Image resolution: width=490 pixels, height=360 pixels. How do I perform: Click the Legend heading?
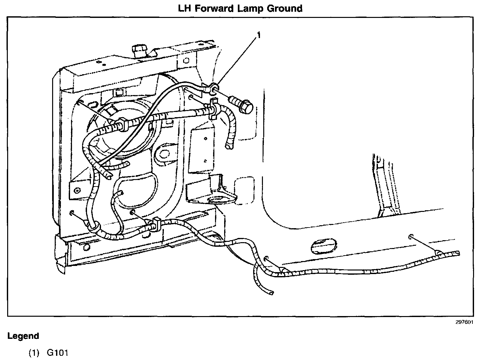(23, 336)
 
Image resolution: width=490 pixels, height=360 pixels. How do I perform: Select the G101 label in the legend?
(58, 353)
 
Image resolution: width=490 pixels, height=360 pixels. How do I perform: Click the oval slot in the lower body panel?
(324, 246)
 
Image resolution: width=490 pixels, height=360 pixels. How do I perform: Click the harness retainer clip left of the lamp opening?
(122, 124)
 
